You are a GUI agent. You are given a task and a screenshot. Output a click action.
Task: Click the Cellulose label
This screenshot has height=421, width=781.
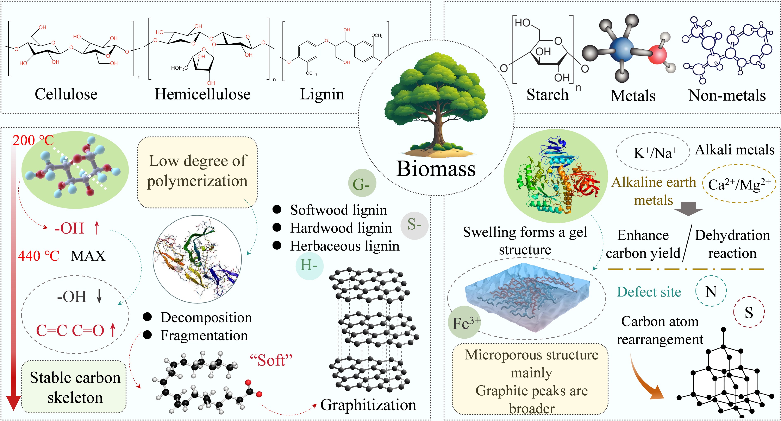tap(66, 94)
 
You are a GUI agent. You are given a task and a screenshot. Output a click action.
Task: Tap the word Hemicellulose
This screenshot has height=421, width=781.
tap(202, 94)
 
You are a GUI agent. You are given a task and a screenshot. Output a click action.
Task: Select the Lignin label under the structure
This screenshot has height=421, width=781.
tap(322, 94)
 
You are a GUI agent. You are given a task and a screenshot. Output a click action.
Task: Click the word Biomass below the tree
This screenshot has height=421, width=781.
tap(436, 169)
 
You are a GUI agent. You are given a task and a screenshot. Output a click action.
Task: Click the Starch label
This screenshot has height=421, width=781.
tap(547, 95)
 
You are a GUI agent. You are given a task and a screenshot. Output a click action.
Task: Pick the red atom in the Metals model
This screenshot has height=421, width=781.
tap(657, 55)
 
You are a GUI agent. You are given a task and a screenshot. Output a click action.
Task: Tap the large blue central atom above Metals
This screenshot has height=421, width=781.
tap(621, 49)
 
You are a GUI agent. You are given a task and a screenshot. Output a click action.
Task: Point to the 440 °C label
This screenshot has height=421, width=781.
tap(38, 256)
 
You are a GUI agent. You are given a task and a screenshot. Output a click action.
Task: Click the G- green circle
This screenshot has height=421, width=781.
tap(362, 183)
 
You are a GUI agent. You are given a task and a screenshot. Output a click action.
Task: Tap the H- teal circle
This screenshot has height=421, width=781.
tap(309, 266)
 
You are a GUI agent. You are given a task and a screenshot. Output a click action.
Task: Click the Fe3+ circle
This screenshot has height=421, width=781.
tap(464, 323)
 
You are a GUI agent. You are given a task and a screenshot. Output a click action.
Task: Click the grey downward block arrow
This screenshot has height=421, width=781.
tap(688, 208)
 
